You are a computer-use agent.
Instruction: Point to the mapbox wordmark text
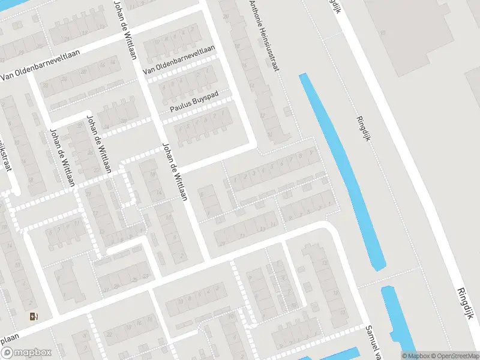pos(34,353)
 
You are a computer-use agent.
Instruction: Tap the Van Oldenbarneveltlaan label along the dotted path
pos(179,61)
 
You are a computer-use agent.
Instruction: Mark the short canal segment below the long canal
pos(392,317)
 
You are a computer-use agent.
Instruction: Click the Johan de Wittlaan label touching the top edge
pos(125,30)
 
